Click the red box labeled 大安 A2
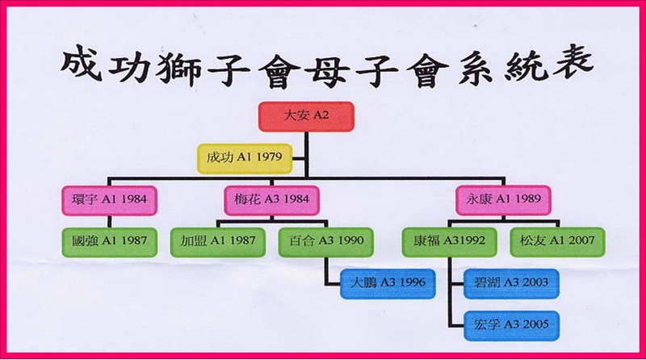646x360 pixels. coord(306,116)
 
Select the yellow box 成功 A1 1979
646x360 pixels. coord(245,158)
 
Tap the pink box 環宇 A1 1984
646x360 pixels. coord(109,200)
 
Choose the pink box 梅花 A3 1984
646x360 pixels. coord(271,200)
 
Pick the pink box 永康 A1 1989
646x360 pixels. coord(503,199)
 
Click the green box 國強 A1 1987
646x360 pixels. coord(109,242)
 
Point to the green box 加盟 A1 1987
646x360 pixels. coord(218,242)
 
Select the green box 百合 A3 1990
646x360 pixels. coord(326,242)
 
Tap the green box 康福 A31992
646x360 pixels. coord(449,242)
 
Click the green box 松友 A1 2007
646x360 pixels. coord(557,242)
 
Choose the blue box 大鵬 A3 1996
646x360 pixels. coord(388,284)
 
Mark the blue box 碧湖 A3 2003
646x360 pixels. coord(511,284)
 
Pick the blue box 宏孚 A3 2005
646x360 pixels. coord(511,326)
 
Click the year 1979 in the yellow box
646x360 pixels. coord(269,157)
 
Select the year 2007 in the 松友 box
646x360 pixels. coord(581,241)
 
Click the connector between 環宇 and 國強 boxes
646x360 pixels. coord(109,222)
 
